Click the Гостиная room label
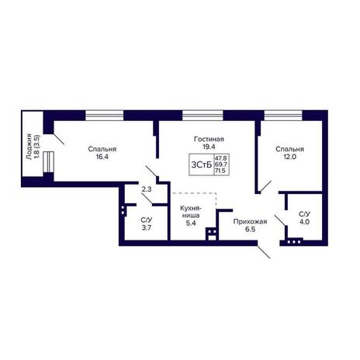(x=209, y=139)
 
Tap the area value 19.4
(x=209, y=147)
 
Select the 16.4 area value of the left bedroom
(x=102, y=157)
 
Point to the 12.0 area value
(x=289, y=157)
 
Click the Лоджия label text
(x=29, y=147)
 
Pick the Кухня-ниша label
(x=191, y=212)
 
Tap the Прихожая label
(x=250, y=222)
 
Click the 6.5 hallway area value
(x=251, y=229)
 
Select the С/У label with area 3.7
(x=147, y=220)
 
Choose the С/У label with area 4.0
(x=304, y=214)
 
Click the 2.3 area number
(x=147, y=189)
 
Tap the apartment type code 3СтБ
(x=202, y=164)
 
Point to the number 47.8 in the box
(x=221, y=157)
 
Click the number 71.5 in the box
(x=221, y=171)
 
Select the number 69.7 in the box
(x=221, y=164)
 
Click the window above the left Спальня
(x=105, y=116)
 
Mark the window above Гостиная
(x=202, y=116)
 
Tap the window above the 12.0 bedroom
(x=283, y=116)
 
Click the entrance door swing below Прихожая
(x=264, y=251)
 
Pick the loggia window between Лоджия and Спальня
(x=48, y=162)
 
